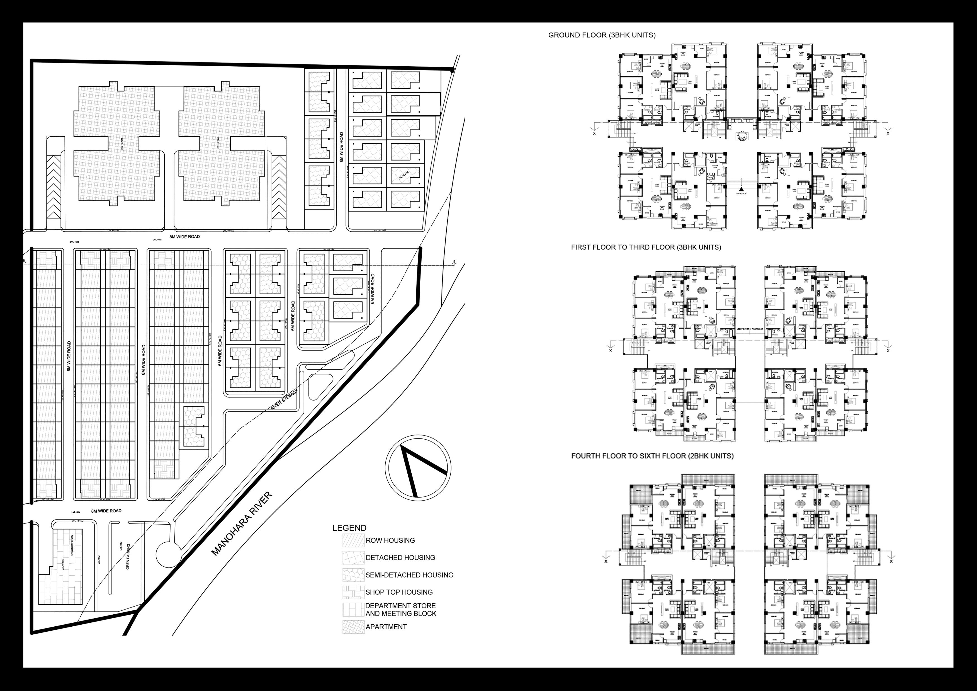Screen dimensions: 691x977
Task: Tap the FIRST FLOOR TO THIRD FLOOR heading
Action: point(646,247)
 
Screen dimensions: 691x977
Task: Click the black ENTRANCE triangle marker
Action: point(741,189)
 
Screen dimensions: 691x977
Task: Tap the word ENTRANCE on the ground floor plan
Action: point(741,194)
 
